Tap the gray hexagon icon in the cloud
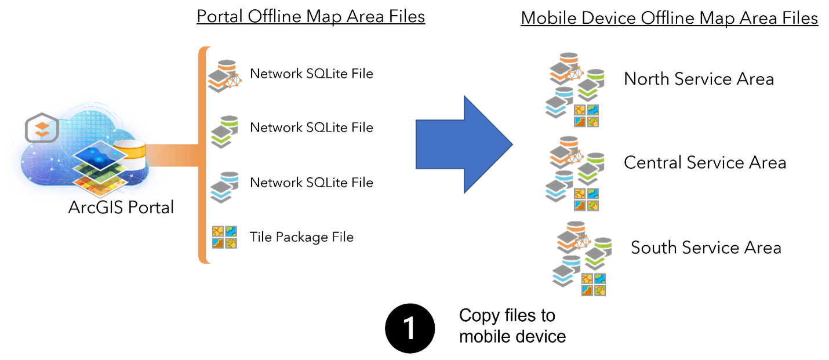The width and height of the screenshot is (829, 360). click(x=42, y=129)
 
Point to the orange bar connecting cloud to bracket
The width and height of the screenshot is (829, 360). click(x=173, y=155)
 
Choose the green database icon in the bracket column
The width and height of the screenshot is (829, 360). click(x=224, y=132)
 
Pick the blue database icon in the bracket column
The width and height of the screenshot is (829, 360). click(x=224, y=187)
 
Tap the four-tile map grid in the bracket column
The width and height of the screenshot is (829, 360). click(x=224, y=237)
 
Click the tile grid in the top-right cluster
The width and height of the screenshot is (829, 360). click(x=586, y=116)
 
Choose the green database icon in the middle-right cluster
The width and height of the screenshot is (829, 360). click(x=591, y=168)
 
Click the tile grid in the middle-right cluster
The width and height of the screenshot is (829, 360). click(x=586, y=199)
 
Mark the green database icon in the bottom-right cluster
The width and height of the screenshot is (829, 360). click(x=598, y=253)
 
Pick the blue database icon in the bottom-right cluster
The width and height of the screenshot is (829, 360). click(x=566, y=271)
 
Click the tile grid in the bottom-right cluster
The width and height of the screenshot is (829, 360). click(x=594, y=284)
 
